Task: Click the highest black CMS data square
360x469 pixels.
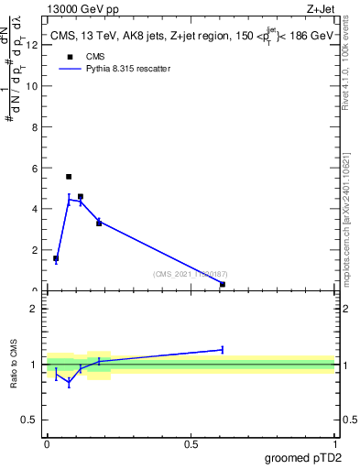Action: click(x=69, y=177)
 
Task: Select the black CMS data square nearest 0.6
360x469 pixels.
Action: click(x=223, y=284)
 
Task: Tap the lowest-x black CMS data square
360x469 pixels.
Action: click(x=56, y=258)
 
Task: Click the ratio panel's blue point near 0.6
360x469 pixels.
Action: click(x=223, y=349)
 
